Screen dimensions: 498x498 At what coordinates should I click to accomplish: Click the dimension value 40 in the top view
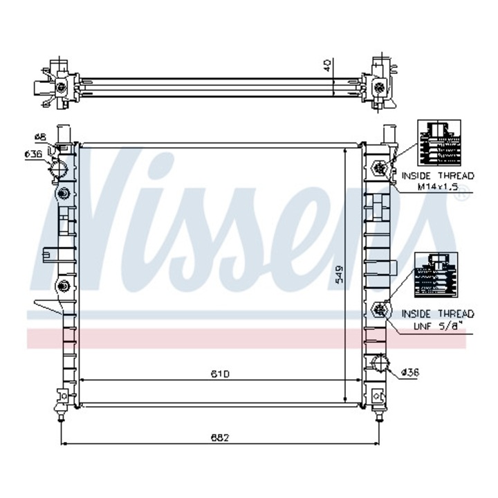click(328, 66)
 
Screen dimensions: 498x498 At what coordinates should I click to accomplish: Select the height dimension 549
click(338, 276)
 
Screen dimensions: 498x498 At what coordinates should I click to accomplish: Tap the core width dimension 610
click(221, 373)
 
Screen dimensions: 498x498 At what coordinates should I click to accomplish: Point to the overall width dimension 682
click(220, 437)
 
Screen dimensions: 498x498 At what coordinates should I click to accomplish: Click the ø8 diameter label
click(39, 136)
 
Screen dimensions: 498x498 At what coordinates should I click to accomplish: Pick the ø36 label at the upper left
click(34, 154)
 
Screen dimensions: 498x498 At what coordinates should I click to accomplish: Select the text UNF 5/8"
click(437, 324)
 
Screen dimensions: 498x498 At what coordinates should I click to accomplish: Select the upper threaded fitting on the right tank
click(379, 167)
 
